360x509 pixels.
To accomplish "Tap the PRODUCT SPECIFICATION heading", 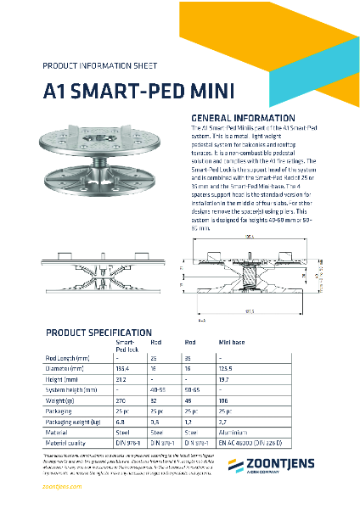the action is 98,332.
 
